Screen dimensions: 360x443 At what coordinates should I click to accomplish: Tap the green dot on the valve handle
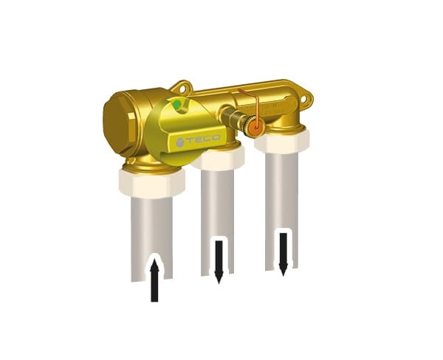[174, 104]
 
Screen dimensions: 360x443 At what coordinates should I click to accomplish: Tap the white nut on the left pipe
[151, 182]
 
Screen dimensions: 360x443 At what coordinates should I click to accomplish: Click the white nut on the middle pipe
[219, 158]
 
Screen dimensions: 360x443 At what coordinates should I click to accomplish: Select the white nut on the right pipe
[283, 140]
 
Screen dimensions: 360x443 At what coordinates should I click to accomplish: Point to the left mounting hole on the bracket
[182, 89]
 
